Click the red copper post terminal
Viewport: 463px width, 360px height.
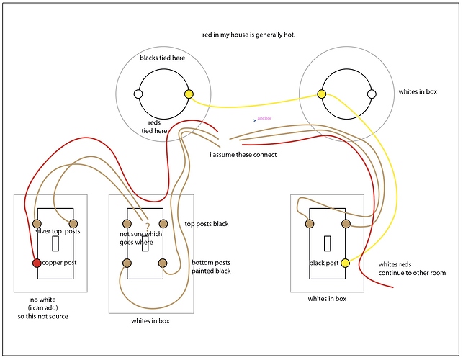pyautogui.click(x=37, y=263)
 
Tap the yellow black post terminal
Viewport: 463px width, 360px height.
pyautogui.click(x=345, y=264)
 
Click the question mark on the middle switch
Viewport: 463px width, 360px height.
pyautogui.click(x=147, y=228)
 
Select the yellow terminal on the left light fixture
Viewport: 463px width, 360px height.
pyautogui.click(x=189, y=94)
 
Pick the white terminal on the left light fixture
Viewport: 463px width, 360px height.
pyautogui.click(x=138, y=94)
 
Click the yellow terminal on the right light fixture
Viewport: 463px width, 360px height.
pyautogui.click(x=321, y=94)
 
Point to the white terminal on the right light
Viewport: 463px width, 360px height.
pyautogui.click(x=372, y=94)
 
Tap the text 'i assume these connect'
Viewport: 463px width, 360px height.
pyautogui.click(x=243, y=155)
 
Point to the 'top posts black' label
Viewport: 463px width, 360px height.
pyautogui.click(x=207, y=224)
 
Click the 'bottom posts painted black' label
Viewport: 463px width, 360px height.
pyautogui.click(x=212, y=267)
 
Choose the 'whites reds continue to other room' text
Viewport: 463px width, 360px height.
pyautogui.click(x=412, y=269)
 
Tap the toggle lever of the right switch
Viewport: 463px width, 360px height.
pyautogui.click(x=327, y=243)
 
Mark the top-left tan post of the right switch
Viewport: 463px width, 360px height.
pyautogui.click(x=309, y=223)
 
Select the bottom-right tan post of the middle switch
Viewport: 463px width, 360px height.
pyautogui.click(x=164, y=263)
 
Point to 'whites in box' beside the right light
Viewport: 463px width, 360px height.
pyautogui.click(x=418, y=93)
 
